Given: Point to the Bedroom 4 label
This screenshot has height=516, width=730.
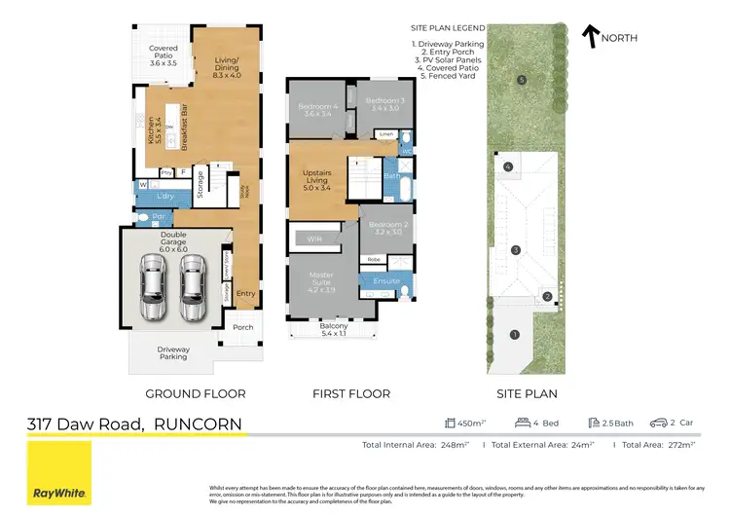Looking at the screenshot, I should pos(319,110).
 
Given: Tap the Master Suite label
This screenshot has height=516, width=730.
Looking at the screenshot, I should pos(321,283).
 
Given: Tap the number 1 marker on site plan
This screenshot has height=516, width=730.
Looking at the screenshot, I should pos(515,335).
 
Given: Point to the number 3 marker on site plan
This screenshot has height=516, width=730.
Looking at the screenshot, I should pos(516,250).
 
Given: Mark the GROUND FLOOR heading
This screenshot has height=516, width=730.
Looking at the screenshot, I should pos(195,393).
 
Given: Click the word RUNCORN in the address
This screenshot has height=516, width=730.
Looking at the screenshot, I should pos(199,424).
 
